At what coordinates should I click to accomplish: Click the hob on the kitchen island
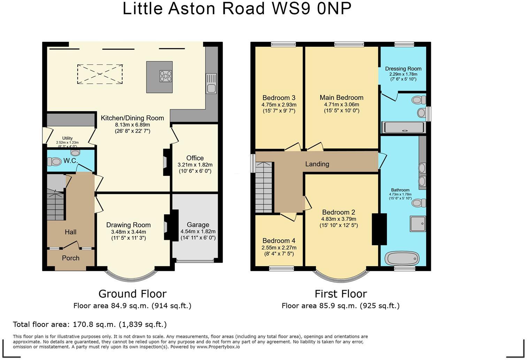[x=166, y=76]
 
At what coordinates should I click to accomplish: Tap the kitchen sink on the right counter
[x=211, y=83]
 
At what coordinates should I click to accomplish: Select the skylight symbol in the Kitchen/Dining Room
[x=100, y=74]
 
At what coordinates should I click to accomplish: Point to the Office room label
[x=195, y=158]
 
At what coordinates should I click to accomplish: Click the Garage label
[x=198, y=225]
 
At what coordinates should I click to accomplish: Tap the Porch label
[x=70, y=258]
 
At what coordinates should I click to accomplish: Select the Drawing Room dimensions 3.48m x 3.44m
[x=128, y=232]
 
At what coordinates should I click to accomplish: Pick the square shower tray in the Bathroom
[x=418, y=224]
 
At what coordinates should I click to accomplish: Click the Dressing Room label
[x=403, y=69]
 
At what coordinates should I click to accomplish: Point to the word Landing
[x=317, y=164]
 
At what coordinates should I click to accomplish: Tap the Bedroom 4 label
[x=279, y=241]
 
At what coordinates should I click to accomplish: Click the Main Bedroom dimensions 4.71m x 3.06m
[x=342, y=104]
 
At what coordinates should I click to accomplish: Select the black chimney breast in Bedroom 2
[x=379, y=229]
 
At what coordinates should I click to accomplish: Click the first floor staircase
[x=264, y=187]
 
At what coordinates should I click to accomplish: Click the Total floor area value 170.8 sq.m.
[x=94, y=324]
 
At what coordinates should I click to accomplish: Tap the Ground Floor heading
[x=132, y=294]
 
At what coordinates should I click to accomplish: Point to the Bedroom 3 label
[x=279, y=98]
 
